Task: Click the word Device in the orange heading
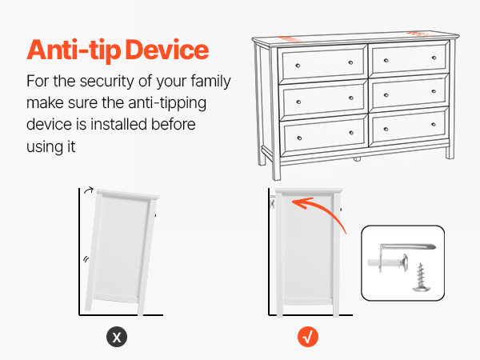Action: point(167,50)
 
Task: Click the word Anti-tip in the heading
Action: point(74,50)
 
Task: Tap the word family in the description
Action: point(210,82)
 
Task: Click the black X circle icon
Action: point(117,337)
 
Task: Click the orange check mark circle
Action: point(308,337)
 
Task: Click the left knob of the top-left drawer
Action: point(298,66)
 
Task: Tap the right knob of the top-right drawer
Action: point(434,58)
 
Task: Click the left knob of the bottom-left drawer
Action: point(299,138)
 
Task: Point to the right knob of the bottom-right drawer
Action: point(434,124)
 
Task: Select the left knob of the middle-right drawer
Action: point(386,95)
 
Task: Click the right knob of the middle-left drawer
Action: point(351,98)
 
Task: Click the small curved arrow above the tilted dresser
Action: point(89,190)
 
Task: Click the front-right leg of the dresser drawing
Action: point(450,153)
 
